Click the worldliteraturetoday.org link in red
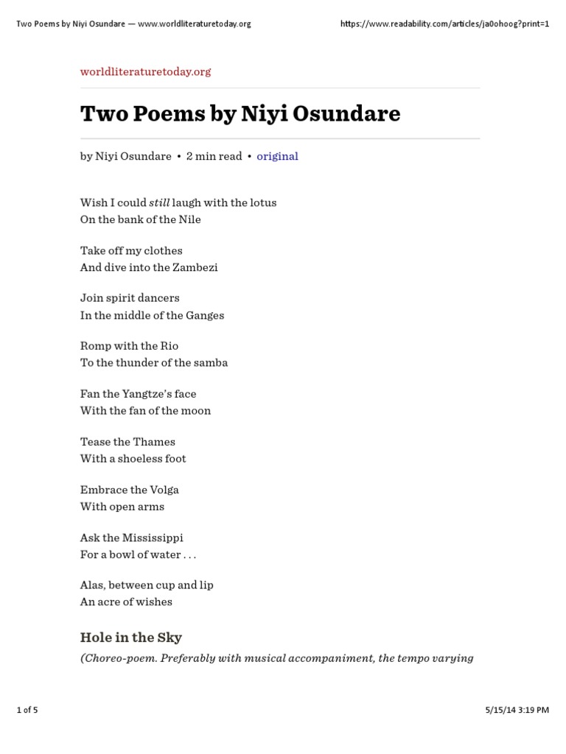[145, 71]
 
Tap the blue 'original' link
[277, 156]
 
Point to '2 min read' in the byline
[214, 156]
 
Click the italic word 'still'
[159, 202]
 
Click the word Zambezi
[195, 267]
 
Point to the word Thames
[154, 442]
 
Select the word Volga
[164, 490]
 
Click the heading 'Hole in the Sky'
[131, 638]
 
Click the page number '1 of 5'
[27, 711]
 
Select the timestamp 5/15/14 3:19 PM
[517, 711]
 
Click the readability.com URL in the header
[444, 24]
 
